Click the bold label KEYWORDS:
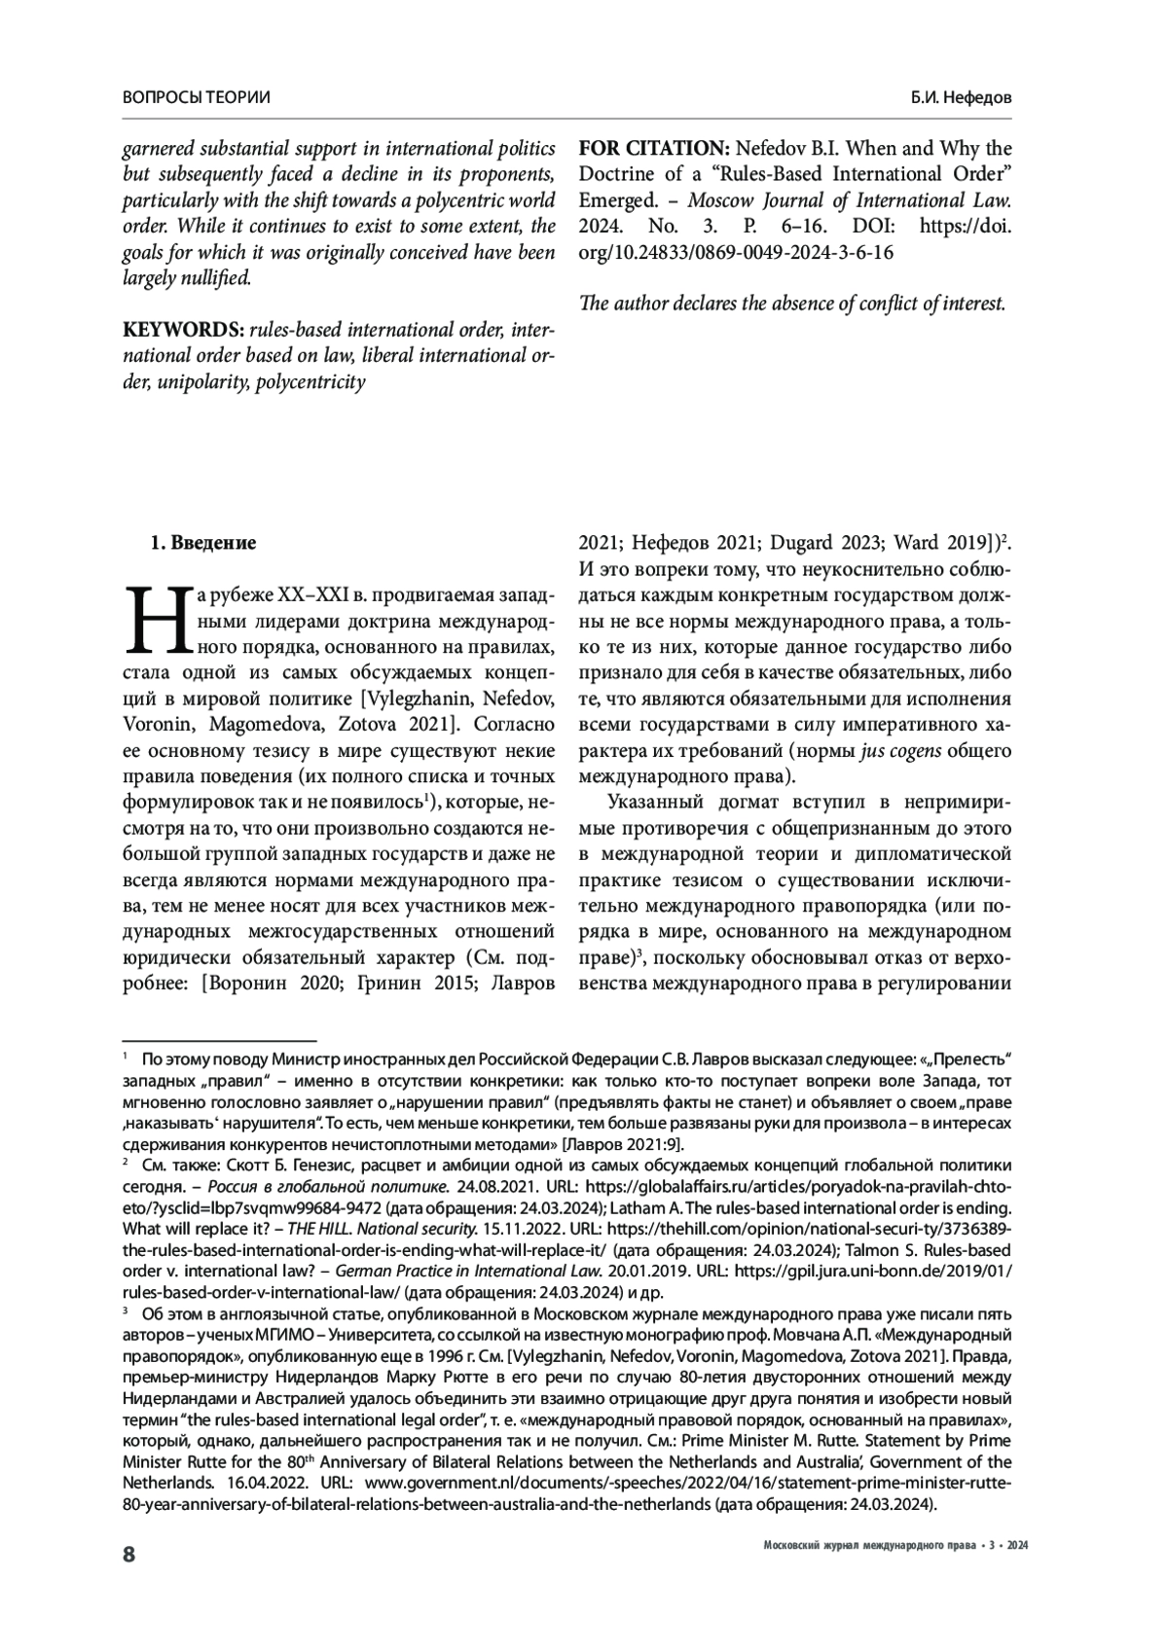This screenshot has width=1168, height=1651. pyautogui.click(x=181, y=331)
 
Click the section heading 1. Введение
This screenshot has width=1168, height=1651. pyautogui.click(x=203, y=543)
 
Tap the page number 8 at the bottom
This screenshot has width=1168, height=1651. pyautogui.click(x=128, y=1554)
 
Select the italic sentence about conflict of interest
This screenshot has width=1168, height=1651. pyautogui.click(x=791, y=303)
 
